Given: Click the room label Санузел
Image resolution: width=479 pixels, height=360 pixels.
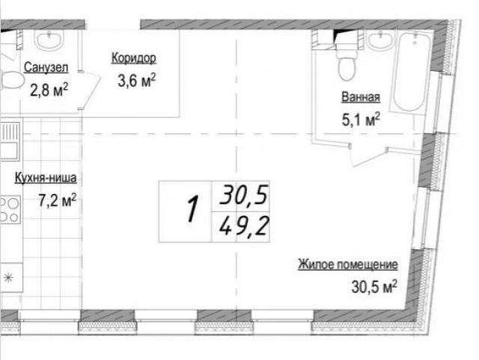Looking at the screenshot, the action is point(46,67).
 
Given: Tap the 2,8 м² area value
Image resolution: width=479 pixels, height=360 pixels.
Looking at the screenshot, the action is point(49,90).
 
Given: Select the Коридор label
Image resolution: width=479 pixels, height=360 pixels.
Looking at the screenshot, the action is point(134,58).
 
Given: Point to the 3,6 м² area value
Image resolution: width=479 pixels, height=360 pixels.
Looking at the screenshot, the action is point(136,80).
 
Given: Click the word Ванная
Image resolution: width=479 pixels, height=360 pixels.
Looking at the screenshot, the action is point(361,97).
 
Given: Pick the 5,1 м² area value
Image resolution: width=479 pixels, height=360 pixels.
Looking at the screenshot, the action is point(361,120).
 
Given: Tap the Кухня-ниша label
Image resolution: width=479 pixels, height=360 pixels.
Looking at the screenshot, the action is point(46,178).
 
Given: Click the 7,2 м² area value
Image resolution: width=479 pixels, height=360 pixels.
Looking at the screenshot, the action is point(58,201).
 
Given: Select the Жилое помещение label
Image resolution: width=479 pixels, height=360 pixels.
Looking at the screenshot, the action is point(348,264).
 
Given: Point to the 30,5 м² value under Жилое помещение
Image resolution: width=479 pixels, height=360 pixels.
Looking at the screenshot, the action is point(374,287).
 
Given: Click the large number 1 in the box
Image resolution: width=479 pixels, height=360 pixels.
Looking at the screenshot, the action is point(192,209).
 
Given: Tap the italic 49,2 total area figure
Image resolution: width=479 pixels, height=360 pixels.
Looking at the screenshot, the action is point(244,227).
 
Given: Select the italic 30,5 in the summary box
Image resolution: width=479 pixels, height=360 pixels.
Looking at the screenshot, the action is point(244,195).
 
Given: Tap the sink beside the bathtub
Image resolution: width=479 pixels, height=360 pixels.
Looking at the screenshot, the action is point(380,40).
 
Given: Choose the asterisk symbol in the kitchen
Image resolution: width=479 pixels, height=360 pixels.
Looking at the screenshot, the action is point(8,278).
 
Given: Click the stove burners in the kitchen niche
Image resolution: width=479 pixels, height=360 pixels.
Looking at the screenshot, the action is point(10,210).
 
